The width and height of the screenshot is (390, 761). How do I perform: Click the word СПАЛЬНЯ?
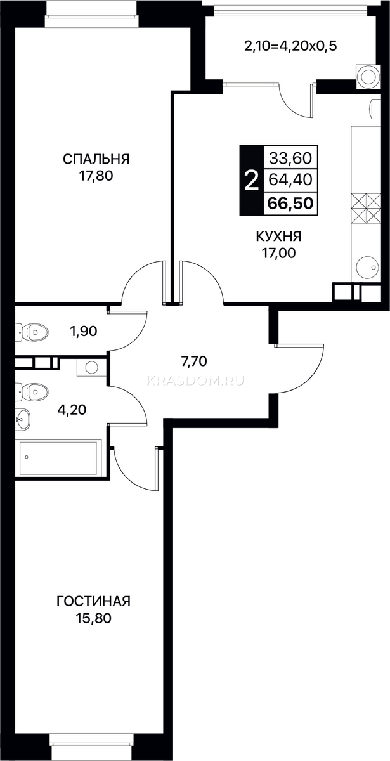click(96, 159)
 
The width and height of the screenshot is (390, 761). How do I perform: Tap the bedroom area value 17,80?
click(96, 176)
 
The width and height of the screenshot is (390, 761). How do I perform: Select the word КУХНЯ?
click(278, 236)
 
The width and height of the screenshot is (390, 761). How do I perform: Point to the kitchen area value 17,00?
click(278, 253)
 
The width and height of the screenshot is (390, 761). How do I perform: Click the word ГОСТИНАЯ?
click(93, 601)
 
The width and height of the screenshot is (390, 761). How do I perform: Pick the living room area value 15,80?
click(94, 618)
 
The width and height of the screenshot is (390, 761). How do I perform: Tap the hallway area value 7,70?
click(194, 361)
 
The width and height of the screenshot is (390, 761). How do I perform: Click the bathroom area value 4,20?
click(72, 410)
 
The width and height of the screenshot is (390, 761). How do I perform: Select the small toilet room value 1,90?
click(84, 331)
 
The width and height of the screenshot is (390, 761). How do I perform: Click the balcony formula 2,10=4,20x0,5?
click(290, 46)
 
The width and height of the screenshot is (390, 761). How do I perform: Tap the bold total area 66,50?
click(290, 204)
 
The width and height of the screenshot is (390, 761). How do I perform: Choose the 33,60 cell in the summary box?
click(290, 158)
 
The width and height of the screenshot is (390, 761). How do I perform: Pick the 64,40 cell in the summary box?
click(290, 179)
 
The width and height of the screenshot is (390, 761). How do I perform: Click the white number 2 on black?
click(251, 180)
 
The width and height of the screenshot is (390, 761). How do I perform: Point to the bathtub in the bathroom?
click(60, 458)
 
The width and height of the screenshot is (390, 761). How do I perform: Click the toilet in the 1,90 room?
click(32, 331)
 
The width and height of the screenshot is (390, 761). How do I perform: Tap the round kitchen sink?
click(368, 268)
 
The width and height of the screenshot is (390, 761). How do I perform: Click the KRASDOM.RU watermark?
click(195, 381)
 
